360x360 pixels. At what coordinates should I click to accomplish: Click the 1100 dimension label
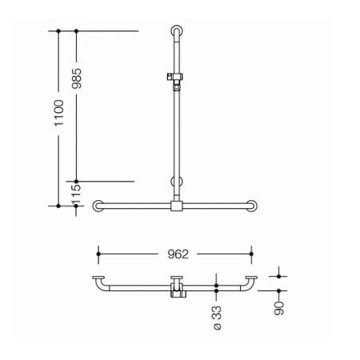(59, 113)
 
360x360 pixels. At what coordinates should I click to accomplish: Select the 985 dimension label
(77, 78)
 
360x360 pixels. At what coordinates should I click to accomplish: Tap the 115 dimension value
(76, 194)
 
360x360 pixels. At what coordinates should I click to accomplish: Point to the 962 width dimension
(178, 254)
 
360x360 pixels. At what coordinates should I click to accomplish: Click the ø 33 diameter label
(218, 318)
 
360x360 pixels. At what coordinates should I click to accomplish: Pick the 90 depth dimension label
(279, 308)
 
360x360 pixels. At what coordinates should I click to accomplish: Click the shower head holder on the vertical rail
(175, 80)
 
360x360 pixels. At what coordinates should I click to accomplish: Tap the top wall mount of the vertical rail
(177, 30)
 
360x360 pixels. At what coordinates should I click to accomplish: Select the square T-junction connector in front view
(177, 206)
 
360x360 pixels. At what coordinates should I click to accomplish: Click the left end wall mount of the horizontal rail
(98, 206)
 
